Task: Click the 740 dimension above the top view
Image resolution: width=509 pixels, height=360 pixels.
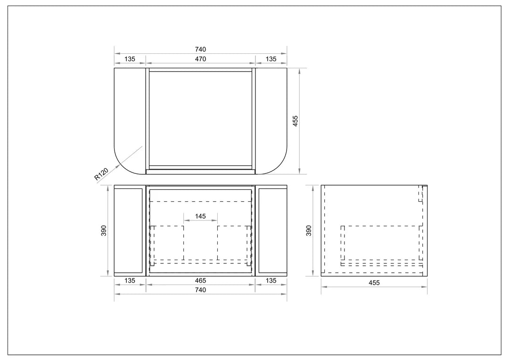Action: point(201,49)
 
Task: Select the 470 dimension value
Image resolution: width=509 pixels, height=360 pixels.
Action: point(201,59)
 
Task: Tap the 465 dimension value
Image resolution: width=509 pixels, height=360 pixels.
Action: point(201,280)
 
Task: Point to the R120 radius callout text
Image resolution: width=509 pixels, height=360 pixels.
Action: point(101,174)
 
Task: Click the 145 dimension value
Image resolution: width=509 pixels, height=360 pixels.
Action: point(201,216)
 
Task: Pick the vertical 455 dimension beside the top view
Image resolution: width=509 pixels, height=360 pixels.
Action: point(296,121)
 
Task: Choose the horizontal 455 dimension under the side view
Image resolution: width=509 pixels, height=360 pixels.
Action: point(374,283)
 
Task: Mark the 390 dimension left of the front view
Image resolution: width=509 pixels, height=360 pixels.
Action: point(104,230)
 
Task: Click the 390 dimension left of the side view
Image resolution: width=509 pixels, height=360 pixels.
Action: point(309,230)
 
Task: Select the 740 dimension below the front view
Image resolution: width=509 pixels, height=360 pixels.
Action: point(201,290)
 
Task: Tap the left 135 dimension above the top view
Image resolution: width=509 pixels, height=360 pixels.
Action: point(130,59)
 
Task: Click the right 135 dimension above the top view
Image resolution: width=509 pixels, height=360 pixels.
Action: point(271,59)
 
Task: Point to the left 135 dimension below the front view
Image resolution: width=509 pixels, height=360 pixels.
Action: point(130,280)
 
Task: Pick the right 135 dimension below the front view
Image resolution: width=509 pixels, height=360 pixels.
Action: point(271,280)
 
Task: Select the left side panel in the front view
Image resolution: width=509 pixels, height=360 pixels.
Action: point(128,230)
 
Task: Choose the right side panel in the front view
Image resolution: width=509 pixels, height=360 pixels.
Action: point(273,230)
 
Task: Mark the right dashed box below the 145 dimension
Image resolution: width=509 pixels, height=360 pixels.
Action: point(233,242)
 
